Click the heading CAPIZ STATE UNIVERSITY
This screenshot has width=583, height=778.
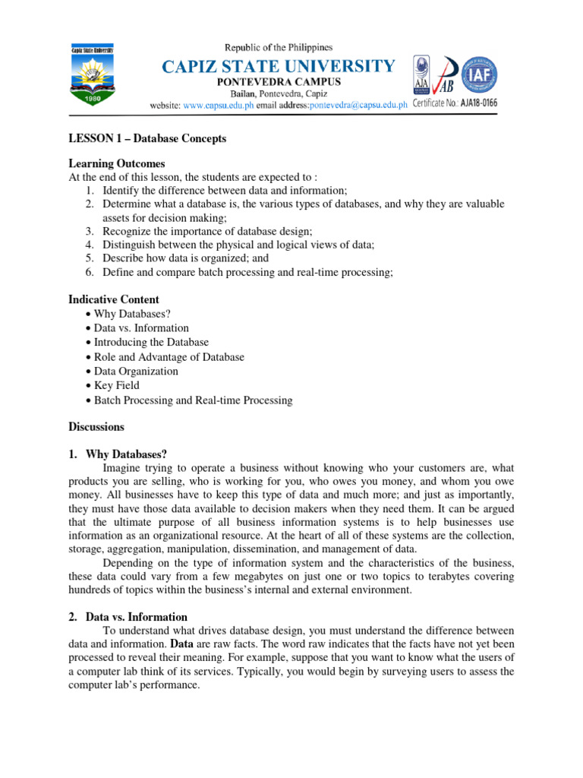tap(277, 66)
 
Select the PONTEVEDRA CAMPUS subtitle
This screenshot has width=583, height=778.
tap(279, 82)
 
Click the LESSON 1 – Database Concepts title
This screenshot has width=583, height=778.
tap(147, 139)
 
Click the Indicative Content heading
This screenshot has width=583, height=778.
tap(114, 299)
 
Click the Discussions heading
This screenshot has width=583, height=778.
tap(96, 427)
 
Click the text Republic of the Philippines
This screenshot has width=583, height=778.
tap(278, 47)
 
